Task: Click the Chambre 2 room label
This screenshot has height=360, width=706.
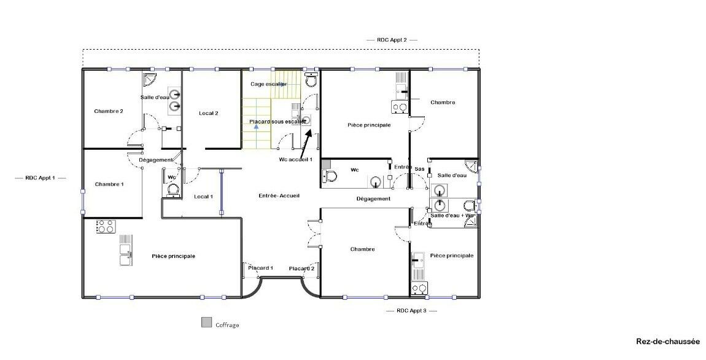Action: click(109, 111)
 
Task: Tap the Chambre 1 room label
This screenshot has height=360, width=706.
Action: click(109, 184)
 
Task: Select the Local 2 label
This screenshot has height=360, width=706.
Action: click(209, 113)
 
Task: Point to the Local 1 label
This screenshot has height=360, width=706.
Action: click(204, 197)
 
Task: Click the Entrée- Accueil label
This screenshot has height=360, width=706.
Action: click(279, 195)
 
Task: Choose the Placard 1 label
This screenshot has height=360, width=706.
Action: click(261, 268)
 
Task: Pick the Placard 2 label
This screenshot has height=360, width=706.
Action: click(301, 268)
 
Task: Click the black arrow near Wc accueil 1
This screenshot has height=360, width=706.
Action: click(306, 141)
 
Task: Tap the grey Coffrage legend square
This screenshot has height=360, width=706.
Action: click(207, 323)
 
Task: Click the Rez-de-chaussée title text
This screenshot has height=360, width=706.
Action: click(668, 342)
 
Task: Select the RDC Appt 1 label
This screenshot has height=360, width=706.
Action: click(40, 178)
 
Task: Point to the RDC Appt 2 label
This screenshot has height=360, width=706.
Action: click(392, 40)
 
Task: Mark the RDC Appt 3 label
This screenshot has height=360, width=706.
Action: click(411, 311)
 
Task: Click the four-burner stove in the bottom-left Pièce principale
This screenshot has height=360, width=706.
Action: click(106, 226)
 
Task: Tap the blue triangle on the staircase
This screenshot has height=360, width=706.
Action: click(256, 127)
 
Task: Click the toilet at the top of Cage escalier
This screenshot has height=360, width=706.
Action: click(311, 79)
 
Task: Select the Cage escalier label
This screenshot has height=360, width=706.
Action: click(269, 84)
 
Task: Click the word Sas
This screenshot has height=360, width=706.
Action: click(419, 169)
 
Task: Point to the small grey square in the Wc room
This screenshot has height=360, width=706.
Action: click(326, 163)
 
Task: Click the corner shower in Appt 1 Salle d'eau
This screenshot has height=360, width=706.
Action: click(149, 79)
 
